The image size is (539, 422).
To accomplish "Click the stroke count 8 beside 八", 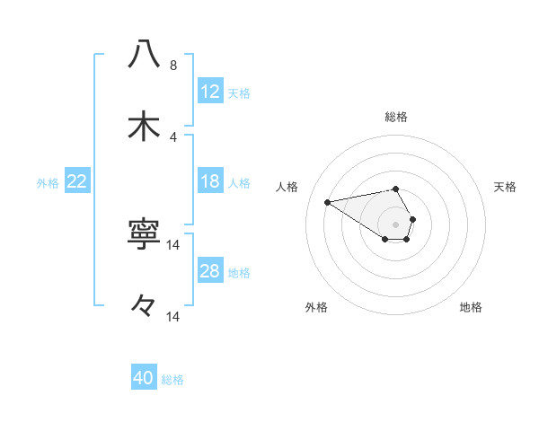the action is [x=173, y=66].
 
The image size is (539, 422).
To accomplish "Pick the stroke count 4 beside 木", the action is [x=173, y=137].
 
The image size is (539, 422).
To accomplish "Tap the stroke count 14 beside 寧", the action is [x=173, y=244].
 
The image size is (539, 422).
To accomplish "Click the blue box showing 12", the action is [x=210, y=92].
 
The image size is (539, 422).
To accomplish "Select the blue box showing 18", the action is [x=210, y=181].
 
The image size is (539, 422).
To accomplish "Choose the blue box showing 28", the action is [x=210, y=271].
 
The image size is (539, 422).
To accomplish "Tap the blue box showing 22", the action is [x=77, y=181].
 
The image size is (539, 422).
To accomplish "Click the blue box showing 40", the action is [x=144, y=378].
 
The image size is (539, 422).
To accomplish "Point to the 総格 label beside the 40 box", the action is [x=172, y=380].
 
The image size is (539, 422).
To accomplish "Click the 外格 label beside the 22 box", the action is [x=48, y=183].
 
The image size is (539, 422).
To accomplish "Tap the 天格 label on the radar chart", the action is [x=506, y=187].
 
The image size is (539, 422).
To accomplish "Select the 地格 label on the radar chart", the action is [x=471, y=307].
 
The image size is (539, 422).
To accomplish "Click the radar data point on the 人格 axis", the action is [x=328, y=201].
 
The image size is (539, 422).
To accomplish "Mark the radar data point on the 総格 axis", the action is [x=395, y=189].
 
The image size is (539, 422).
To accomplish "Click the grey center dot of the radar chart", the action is [x=395, y=224].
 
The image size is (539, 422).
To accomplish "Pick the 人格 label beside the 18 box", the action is [x=239, y=183].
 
